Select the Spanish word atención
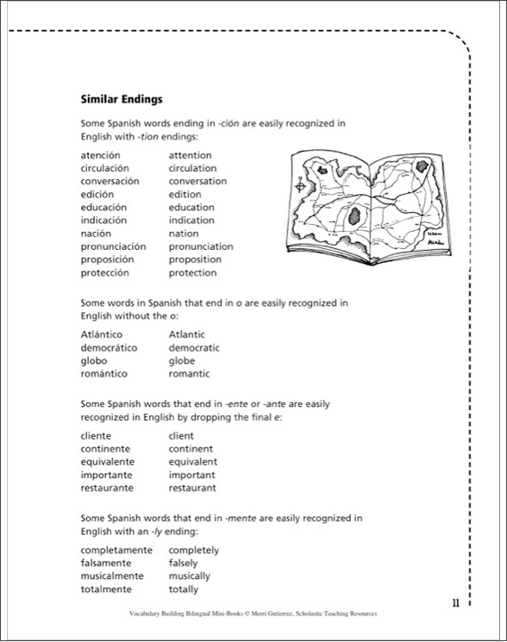(x=101, y=155)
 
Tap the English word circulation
(x=193, y=168)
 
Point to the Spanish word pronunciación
(x=114, y=246)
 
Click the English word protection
(x=193, y=273)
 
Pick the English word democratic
(x=194, y=347)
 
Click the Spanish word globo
(x=94, y=361)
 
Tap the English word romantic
(x=190, y=374)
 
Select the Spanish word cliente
(x=96, y=436)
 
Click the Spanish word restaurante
(x=107, y=489)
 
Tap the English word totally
(x=184, y=589)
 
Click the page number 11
(x=455, y=602)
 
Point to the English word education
(x=191, y=208)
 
